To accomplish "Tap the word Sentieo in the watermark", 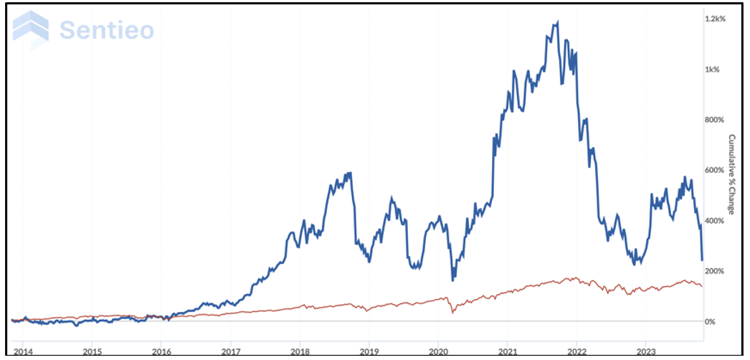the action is [x=107, y=30].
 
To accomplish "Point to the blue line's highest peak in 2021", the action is [x=557, y=22].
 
